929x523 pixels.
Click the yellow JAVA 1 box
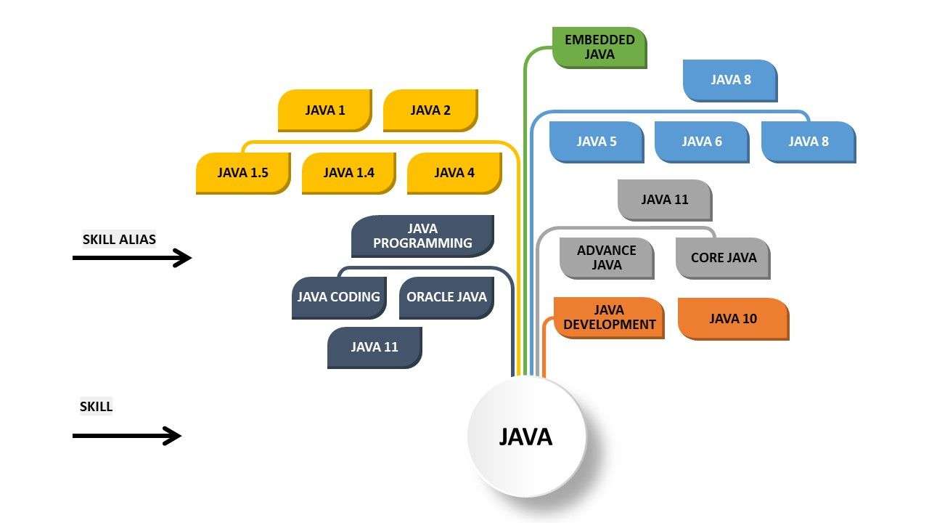click(324, 110)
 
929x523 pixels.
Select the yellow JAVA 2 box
click(430, 110)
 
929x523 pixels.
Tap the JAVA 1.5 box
click(242, 173)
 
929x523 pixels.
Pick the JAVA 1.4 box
click(348, 173)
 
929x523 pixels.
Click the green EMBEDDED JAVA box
click(599, 47)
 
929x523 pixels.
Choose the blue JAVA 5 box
click(596, 142)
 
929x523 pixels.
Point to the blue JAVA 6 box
click(701, 142)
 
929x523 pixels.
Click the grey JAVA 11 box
click(664, 200)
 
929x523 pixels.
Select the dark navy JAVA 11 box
click(374, 347)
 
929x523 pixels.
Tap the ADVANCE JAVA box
click(606, 258)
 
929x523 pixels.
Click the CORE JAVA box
click(722, 258)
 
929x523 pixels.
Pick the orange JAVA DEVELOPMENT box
click(608, 318)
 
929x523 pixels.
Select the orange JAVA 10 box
click(732, 318)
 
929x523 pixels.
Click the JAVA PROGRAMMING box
click(422, 236)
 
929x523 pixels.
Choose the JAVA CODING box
click(338, 297)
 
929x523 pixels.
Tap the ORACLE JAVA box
click(446, 297)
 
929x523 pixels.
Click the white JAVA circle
click(526, 436)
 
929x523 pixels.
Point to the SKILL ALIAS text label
click(119, 239)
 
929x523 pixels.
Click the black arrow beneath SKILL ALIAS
click(131, 258)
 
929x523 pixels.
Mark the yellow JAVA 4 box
click(454, 173)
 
